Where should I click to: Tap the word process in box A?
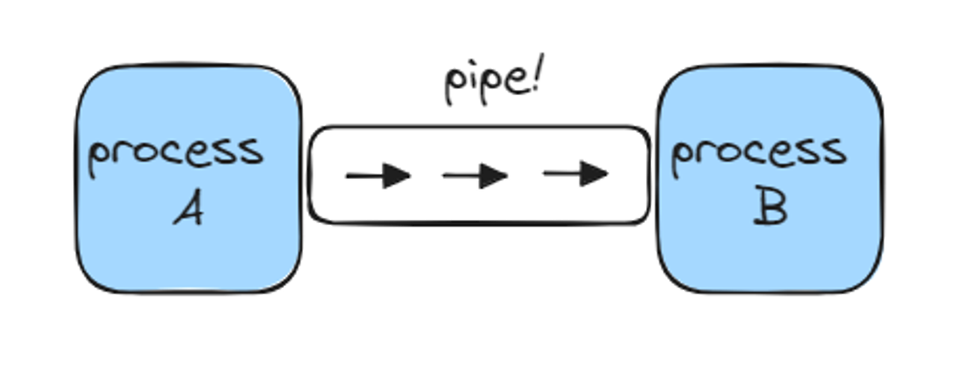[x=176, y=153]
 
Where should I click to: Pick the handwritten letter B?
[x=770, y=209]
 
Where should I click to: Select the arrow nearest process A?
[x=378, y=177]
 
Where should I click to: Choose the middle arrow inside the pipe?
[x=476, y=177]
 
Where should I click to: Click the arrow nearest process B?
[x=576, y=174]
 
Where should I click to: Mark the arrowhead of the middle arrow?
[x=493, y=177]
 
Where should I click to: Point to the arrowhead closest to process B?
[x=594, y=174]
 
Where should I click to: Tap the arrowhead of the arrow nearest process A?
[x=396, y=177]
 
